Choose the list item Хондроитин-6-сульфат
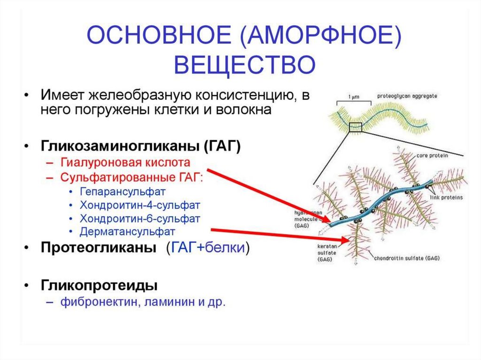click(140, 219)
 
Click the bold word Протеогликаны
click(99, 248)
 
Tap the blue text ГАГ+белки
click(207, 248)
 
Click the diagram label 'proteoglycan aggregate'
click(407, 96)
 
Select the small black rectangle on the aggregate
click(356, 127)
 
